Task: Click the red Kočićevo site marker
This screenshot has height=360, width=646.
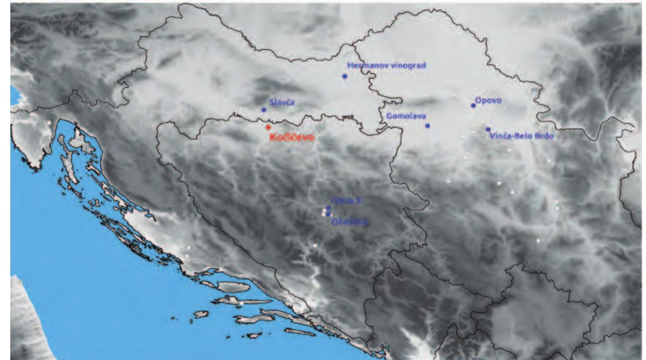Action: click(x=268, y=127)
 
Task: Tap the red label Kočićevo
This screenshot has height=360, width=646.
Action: click(x=292, y=137)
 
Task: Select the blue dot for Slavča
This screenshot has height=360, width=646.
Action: click(x=264, y=110)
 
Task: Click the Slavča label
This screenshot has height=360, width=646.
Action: click(x=282, y=102)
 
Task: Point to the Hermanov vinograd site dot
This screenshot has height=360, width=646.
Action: click(x=345, y=76)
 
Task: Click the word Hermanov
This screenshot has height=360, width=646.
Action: click(x=364, y=65)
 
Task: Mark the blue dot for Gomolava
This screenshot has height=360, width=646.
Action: click(x=427, y=126)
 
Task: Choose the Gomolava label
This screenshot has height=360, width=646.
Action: click(x=406, y=117)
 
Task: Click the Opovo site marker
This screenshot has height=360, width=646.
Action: click(x=473, y=105)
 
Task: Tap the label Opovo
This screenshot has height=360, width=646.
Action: click(x=488, y=100)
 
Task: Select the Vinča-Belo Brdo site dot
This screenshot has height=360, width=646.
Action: click(x=488, y=129)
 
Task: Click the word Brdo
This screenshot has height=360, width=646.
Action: click(x=543, y=136)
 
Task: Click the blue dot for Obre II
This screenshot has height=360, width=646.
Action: click(x=328, y=208)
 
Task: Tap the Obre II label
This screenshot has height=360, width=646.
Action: click(x=346, y=201)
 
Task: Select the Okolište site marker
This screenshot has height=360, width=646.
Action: click(x=328, y=214)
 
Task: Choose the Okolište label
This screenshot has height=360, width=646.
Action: click(x=349, y=222)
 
